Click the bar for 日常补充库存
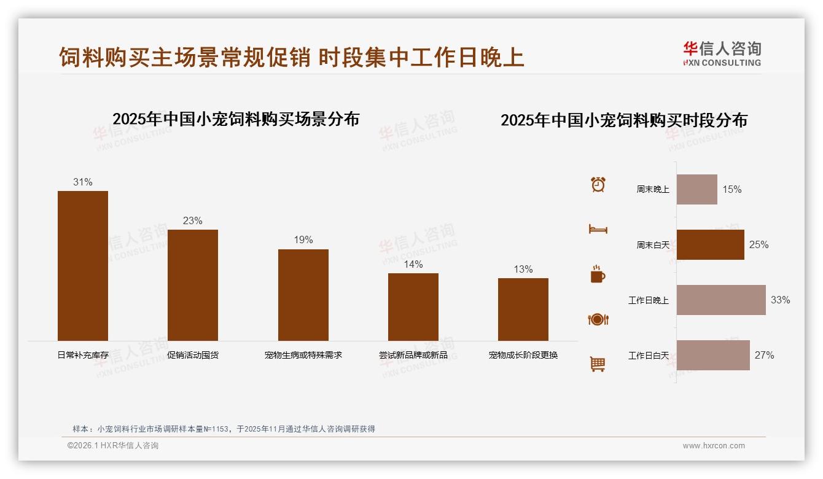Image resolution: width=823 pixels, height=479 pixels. pyautogui.click(x=83, y=265)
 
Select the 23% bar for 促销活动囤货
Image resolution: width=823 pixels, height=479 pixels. pyautogui.click(x=193, y=285)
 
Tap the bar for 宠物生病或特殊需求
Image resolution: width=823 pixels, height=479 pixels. pyautogui.click(x=303, y=295)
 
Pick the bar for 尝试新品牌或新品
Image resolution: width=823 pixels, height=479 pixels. pyautogui.click(x=413, y=306)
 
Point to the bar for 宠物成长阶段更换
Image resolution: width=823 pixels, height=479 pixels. pyautogui.click(x=523, y=309)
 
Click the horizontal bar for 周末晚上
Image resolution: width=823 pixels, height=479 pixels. pyautogui.click(x=697, y=189)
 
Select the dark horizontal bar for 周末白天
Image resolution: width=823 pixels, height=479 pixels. pyautogui.click(x=711, y=244)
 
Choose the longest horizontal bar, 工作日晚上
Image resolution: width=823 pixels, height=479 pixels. pyautogui.click(x=721, y=300)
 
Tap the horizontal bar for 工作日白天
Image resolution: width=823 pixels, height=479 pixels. pyautogui.click(x=713, y=355)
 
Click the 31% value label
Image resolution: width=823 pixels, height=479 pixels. pyautogui.click(x=83, y=182)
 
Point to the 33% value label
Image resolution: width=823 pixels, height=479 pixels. pyautogui.click(x=780, y=300)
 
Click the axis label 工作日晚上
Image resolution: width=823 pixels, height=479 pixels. pyautogui.click(x=649, y=300)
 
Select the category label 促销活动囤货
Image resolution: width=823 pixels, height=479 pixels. pyautogui.click(x=193, y=355)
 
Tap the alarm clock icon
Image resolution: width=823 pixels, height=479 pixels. pyautogui.click(x=598, y=184)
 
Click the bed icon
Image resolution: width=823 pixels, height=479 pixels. pyautogui.click(x=598, y=229)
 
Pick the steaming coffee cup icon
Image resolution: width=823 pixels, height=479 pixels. pyautogui.click(x=598, y=275)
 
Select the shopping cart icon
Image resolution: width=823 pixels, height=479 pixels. pyautogui.click(x=598, y=364)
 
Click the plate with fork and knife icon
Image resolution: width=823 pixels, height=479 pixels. pyautogui.click(x=598, y=319)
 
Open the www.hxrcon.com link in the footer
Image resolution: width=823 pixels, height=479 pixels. pyautogui.click(x=714, y=446)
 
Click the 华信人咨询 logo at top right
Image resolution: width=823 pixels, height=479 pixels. pyautogui.click(x=722, y=54)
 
